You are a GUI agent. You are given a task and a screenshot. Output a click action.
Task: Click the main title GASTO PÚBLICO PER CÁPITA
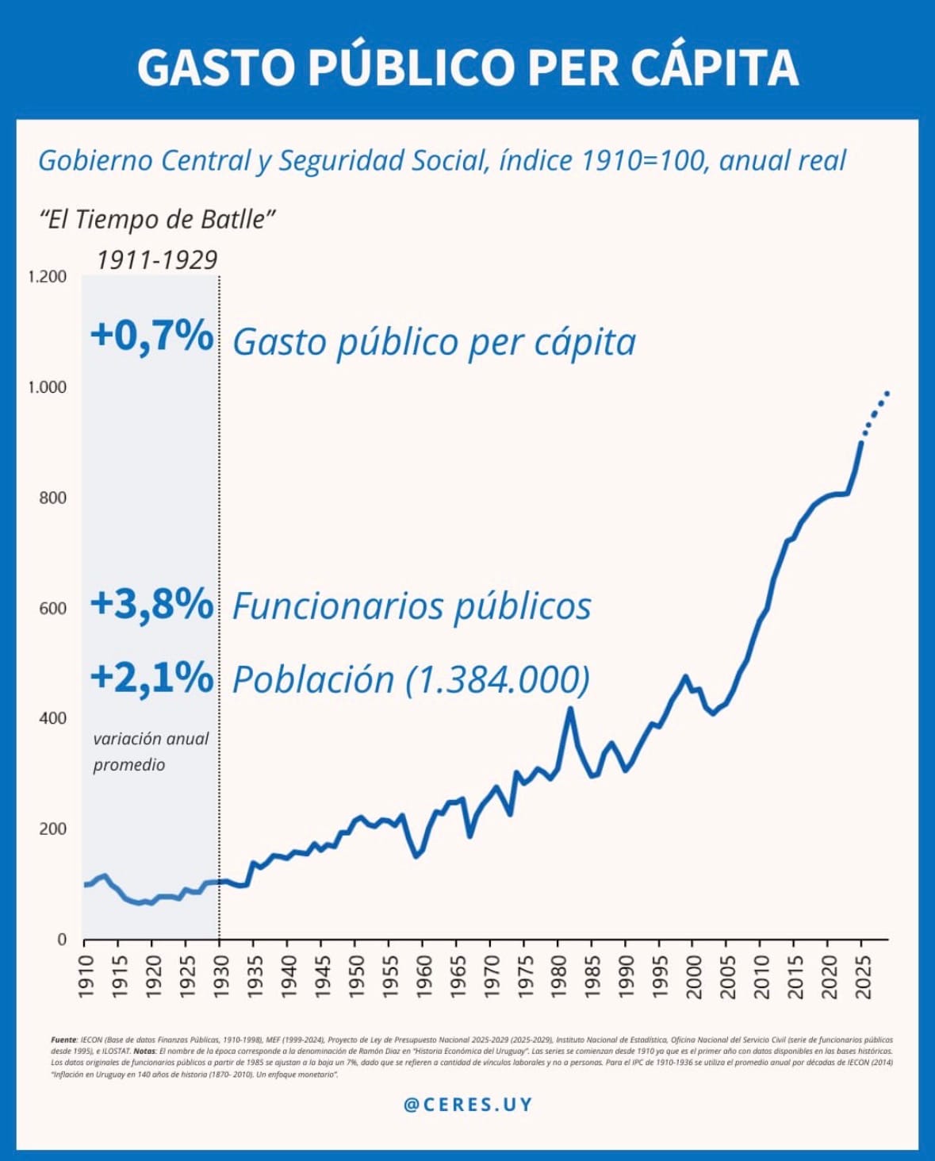coord(467,67)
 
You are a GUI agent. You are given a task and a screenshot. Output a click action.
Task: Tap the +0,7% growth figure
coord(151,336)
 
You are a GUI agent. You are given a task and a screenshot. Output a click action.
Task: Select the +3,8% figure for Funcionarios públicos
coord(151,605)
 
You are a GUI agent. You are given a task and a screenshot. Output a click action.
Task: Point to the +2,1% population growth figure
coord(151,679)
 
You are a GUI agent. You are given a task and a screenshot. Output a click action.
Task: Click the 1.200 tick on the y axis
coord(48,277)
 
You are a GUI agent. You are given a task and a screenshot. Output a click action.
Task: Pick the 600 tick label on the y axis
coord(53,608)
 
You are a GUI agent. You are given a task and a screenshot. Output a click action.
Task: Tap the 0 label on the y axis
coord(62,940)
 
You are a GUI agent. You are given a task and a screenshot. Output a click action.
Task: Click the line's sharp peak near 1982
coord(570,709)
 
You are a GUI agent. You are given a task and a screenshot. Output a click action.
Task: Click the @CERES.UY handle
coord(468,1105)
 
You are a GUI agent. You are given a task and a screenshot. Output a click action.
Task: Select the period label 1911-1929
coord(157,260)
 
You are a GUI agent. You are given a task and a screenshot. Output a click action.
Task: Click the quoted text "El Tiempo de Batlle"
coord(158,219)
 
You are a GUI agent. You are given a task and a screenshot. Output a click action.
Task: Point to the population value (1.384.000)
coord(498,680)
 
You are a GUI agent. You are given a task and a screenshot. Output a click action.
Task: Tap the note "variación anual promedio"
coord(150,751)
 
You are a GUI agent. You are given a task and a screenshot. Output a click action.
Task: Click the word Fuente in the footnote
coord(63,1040)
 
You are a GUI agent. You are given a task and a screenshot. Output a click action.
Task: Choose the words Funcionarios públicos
coord(412,606)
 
